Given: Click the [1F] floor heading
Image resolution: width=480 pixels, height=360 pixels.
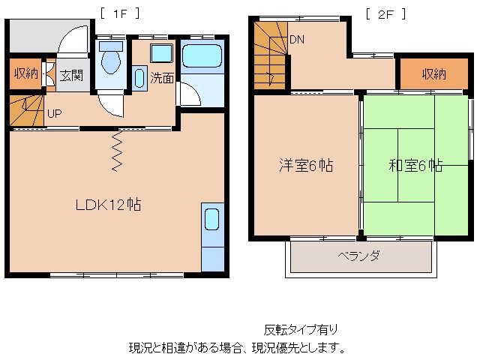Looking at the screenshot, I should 119,13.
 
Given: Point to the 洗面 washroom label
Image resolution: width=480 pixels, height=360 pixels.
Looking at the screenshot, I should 161,77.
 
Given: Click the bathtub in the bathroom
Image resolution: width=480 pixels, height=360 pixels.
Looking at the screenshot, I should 202,58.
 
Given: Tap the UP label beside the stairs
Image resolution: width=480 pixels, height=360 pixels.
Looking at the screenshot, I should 54,115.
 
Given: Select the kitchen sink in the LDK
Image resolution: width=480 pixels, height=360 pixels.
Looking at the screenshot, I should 211,220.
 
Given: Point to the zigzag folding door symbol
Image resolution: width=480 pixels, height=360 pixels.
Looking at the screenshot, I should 118,151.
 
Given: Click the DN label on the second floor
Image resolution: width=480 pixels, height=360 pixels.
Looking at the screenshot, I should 297,40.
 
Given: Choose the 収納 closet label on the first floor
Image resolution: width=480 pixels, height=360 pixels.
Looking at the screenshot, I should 25,73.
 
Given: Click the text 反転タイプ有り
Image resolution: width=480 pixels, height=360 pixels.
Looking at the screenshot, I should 300,329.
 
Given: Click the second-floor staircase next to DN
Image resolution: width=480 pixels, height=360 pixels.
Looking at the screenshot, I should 269,55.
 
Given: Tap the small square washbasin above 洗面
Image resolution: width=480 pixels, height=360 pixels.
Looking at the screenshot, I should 160,53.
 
